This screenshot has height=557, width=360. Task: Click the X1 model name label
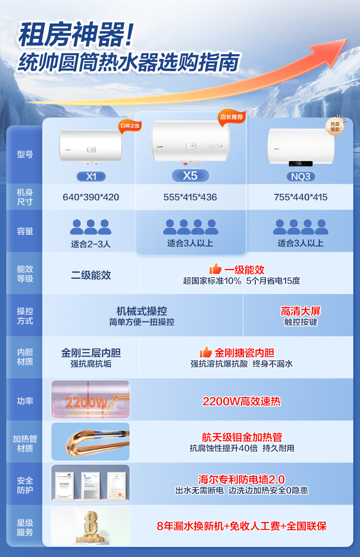[x=91, y=177]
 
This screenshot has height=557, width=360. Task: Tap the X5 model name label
[x=190, y=176]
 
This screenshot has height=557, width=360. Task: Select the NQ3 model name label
[x=301, y=177]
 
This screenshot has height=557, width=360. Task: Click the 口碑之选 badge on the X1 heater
[x=130, y=126]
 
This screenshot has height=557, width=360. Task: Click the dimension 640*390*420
[x=91, y=197]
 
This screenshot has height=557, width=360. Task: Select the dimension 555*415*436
[x=190, y=197]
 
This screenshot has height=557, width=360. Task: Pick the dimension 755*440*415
[x=301, y=197]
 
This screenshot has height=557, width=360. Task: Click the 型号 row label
[x=24, y=154]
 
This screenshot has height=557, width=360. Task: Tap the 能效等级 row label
[x=24, y=274]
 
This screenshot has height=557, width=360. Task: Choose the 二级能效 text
[x=91, y=275]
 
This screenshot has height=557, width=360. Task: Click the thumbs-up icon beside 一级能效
[x=216, y=269]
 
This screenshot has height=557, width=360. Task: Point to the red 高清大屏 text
[x=300, y=311]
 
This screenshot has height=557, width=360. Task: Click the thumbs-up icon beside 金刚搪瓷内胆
[x=206, y=352]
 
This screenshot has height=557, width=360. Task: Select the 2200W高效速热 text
[x=241, y=401]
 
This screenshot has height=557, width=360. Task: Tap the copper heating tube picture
[x=91, y=441]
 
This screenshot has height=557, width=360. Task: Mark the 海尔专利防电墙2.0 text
[x=241, y=479]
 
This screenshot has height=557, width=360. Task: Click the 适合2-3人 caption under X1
[x=91, y=244]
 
